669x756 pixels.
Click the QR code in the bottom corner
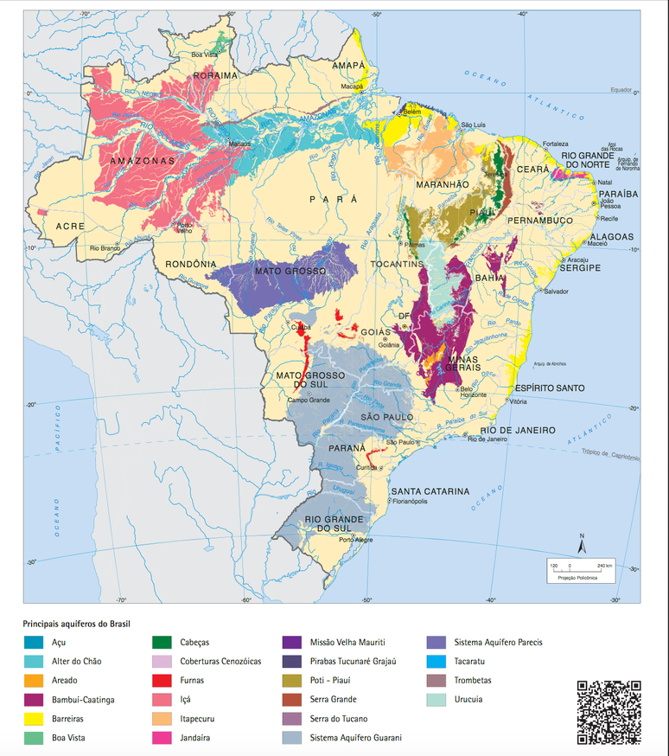coord(608,712)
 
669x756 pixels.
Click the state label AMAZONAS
coord(143,160)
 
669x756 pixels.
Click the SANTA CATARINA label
coord(430,490)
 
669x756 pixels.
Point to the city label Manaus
coord(239,144)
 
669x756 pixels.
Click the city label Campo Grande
coord(309,400)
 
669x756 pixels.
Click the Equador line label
coord(621,90)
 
